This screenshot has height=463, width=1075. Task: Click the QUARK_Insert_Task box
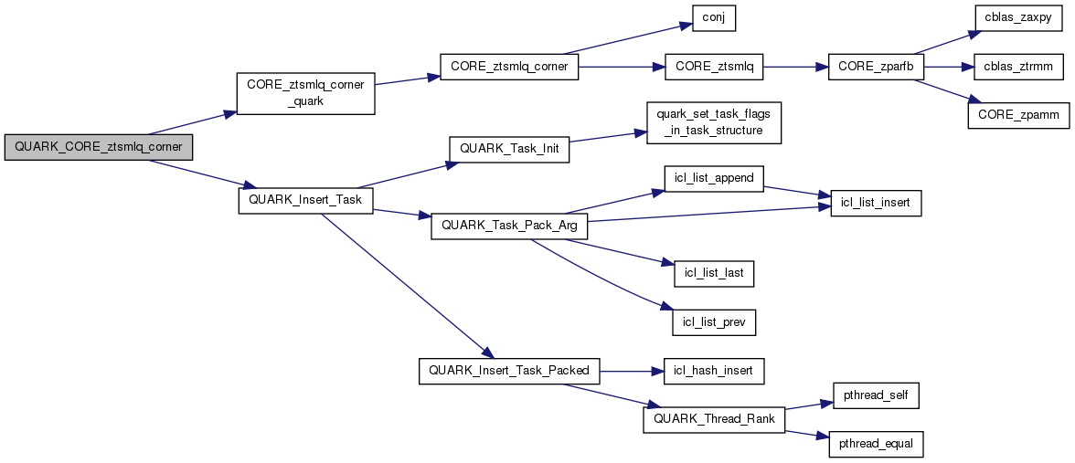click(305, 201)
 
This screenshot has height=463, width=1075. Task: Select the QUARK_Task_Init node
click(508, 149)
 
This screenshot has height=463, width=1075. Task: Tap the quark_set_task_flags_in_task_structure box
click(714, 122)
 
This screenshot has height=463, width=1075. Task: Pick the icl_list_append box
click(714, 177)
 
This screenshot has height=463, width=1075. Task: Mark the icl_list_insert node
click(875, 203)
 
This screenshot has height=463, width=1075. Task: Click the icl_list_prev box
click(714, 321)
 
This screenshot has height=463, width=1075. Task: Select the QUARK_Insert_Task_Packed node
click(509, 371)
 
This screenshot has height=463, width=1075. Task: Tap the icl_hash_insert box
click(714, 371)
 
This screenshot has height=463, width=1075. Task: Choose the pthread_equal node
click(875, 444)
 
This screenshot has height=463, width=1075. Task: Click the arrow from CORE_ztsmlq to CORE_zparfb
click(795, 68)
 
